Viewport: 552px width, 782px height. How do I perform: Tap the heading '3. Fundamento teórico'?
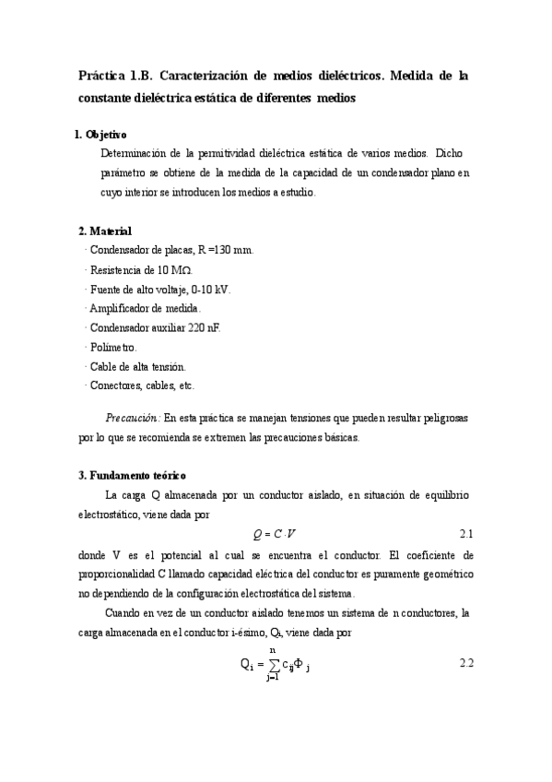(133, 476)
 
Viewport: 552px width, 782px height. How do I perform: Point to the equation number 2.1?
(465, 535)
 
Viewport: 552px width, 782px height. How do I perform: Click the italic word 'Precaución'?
(133, 418)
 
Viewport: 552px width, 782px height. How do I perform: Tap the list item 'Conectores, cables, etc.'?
(141, 385)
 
